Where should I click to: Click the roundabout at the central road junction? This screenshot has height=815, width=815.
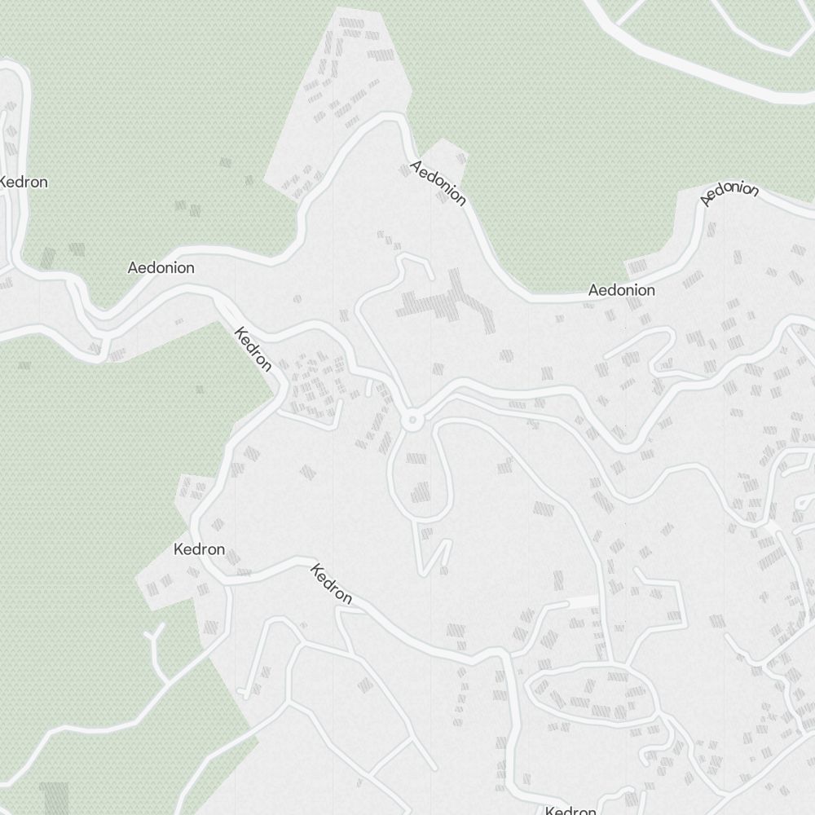click(412, 421)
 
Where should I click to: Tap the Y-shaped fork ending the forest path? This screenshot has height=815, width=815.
click(154, 636)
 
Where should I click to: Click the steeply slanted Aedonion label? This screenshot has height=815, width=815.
click(438, 183)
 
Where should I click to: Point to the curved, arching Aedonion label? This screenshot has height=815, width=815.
click(729, 193)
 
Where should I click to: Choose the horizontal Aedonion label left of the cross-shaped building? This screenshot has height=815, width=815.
click(161, 267)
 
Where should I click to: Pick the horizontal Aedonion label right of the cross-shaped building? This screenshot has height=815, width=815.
click(621, 290)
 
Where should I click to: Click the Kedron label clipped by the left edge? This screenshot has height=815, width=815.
click(23, 182)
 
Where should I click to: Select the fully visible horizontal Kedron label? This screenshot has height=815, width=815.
click(199, 549)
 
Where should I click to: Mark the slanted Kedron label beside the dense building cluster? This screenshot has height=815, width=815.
click(253, 349)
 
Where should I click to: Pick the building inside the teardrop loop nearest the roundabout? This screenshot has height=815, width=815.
click(417, 456)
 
